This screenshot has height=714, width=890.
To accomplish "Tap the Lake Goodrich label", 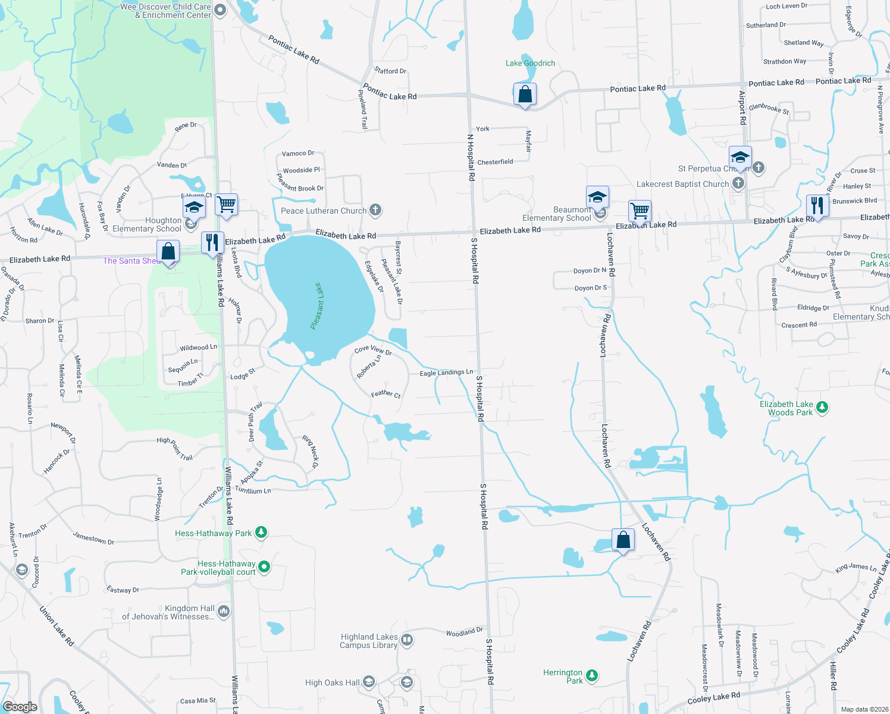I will pos(530,63).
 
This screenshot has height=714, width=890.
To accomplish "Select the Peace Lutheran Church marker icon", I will pos(375,209).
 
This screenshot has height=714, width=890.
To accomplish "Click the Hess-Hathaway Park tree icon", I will pos(261,533).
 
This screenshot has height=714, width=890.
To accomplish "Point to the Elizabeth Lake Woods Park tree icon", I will pos(822,408).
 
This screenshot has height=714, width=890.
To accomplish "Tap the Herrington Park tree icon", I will pos(591,675).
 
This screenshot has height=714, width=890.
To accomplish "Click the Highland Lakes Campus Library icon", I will pos(407,640).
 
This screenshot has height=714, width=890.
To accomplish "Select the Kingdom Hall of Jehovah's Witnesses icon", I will pos(224,611).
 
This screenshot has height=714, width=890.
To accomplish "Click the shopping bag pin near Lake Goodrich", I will pos(525,95).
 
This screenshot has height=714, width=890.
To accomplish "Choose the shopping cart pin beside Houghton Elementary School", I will pos(226,205).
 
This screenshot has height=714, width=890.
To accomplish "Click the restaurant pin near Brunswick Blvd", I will pos(817,206).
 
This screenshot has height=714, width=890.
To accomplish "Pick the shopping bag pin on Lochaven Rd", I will pos(623,540).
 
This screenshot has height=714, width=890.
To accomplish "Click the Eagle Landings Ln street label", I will pos(446,372).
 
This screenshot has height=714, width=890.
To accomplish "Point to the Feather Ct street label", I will pos(386,393).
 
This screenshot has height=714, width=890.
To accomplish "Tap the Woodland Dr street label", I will pos(464,632).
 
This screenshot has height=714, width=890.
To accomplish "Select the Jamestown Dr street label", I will pos(93,538).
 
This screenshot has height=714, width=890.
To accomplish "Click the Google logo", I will pos(20,707).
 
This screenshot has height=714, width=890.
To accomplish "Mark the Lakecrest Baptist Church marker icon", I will pos(738,183).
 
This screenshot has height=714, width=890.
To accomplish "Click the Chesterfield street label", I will pos(495,162).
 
